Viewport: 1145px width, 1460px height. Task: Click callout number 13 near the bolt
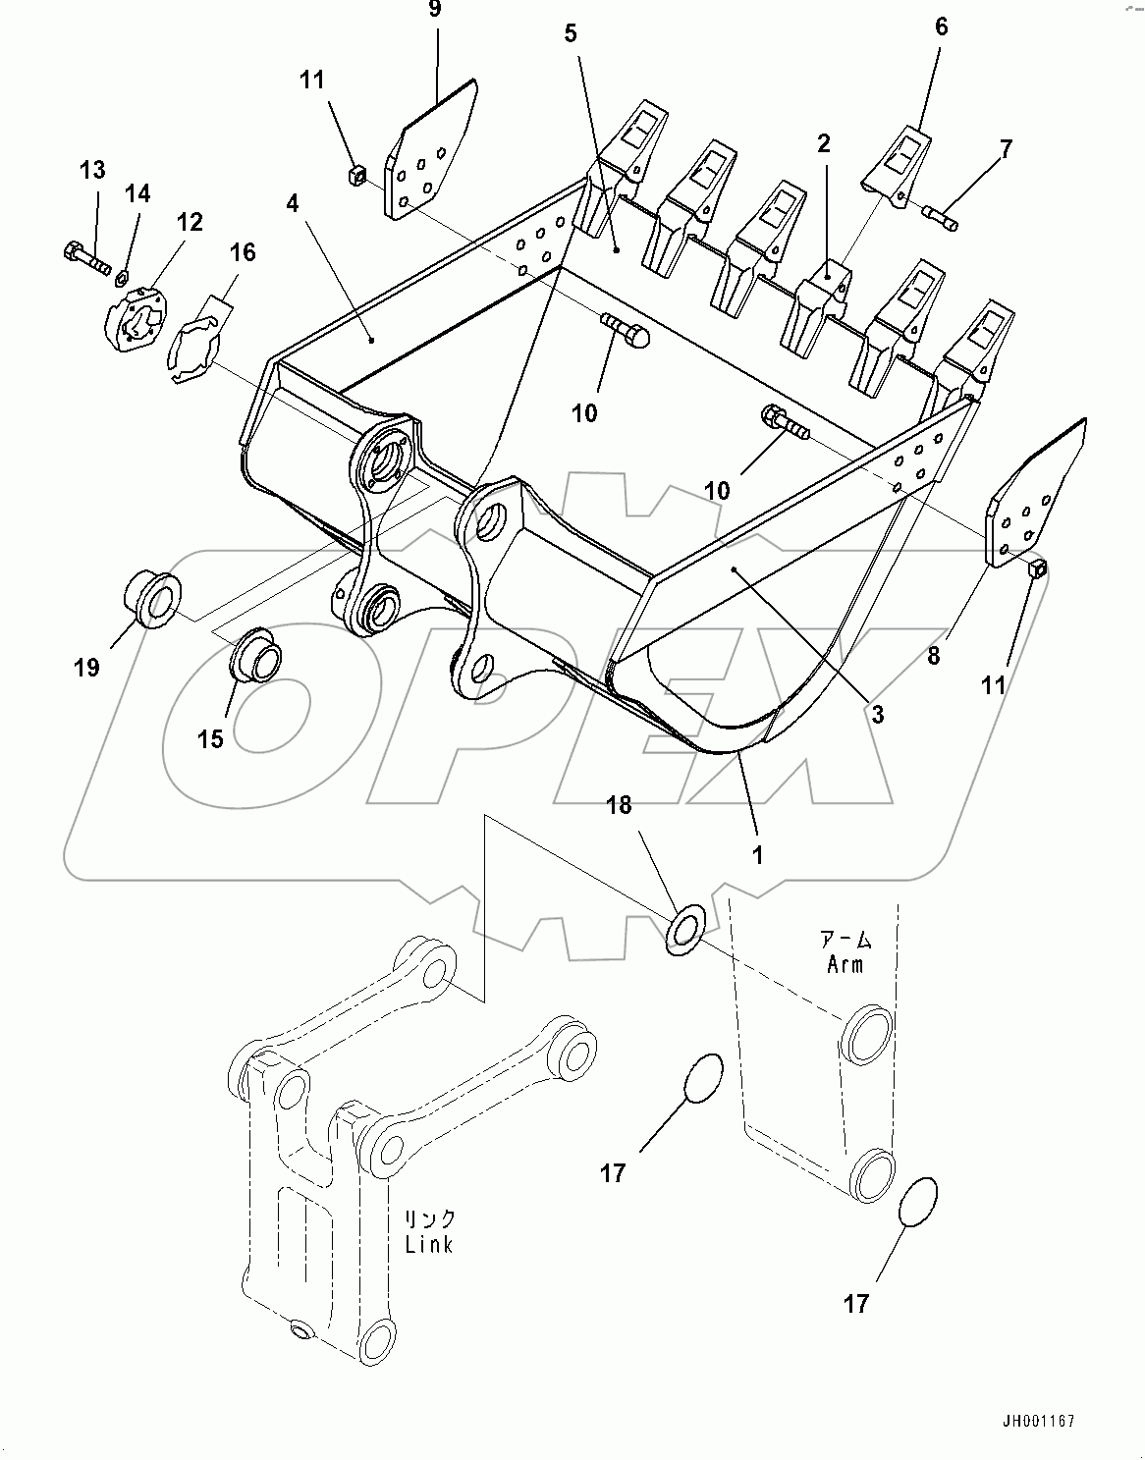coord(92,171)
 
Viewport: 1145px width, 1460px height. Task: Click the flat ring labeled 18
coord(685,929)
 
